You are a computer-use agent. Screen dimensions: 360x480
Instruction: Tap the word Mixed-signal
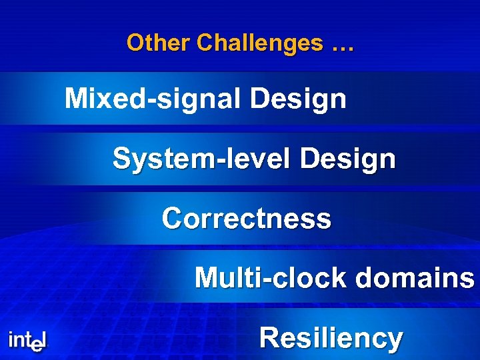155,100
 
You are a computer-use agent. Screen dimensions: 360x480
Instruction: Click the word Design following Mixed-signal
299,100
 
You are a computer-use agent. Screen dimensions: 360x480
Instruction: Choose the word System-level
203,159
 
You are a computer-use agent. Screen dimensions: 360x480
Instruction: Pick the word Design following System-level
348,159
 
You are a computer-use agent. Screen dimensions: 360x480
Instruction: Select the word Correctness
246,219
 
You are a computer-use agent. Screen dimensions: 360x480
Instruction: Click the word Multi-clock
271,278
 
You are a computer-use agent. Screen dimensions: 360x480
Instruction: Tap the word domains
415,278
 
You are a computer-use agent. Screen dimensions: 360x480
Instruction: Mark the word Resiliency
331,338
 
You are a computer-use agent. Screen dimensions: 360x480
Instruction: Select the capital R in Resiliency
269,337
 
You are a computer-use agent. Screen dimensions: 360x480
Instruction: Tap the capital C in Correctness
172,219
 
